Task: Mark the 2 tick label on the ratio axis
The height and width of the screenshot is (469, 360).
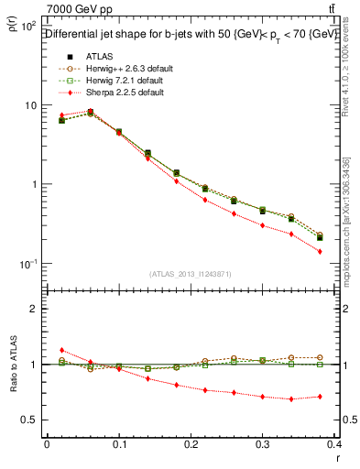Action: click(x=33, y=309)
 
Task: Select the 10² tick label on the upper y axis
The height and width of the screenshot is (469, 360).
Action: click(x=28, y=27)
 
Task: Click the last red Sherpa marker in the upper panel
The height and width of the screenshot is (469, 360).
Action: click(x=345, y=251)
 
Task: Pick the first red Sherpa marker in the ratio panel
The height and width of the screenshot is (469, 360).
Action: click(x=60, y=350)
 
